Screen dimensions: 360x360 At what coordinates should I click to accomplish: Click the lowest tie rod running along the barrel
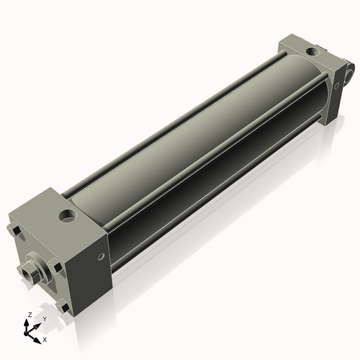pyautogui.click(x=216, y=187)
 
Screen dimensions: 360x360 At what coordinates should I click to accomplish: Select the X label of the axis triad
pyautogui.click(x=45, y=338)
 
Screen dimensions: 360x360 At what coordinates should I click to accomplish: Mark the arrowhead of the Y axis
pyautogui.click(x=37, y=324)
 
